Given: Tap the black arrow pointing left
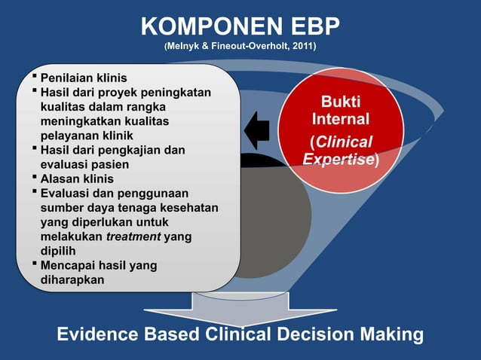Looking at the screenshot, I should tap(257, 130).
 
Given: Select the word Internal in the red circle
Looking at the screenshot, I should tap(341, 120).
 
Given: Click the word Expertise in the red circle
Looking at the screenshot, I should tap(339, 159).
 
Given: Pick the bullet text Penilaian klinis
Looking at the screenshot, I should tap(83, 78).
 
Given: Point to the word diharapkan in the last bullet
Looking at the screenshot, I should tap(72, 279).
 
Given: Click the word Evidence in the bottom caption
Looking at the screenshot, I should tap(97, 334).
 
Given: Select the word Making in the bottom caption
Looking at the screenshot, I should tap(389, 334).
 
